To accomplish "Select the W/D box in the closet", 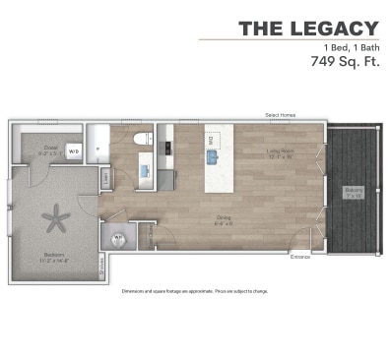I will (x=73, y=151).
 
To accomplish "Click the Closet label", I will (x=48, y=150).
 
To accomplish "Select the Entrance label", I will (x=300, y=258).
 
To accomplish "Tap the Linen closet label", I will (x=106, y=177).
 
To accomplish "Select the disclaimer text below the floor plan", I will (x=194, y=292).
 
